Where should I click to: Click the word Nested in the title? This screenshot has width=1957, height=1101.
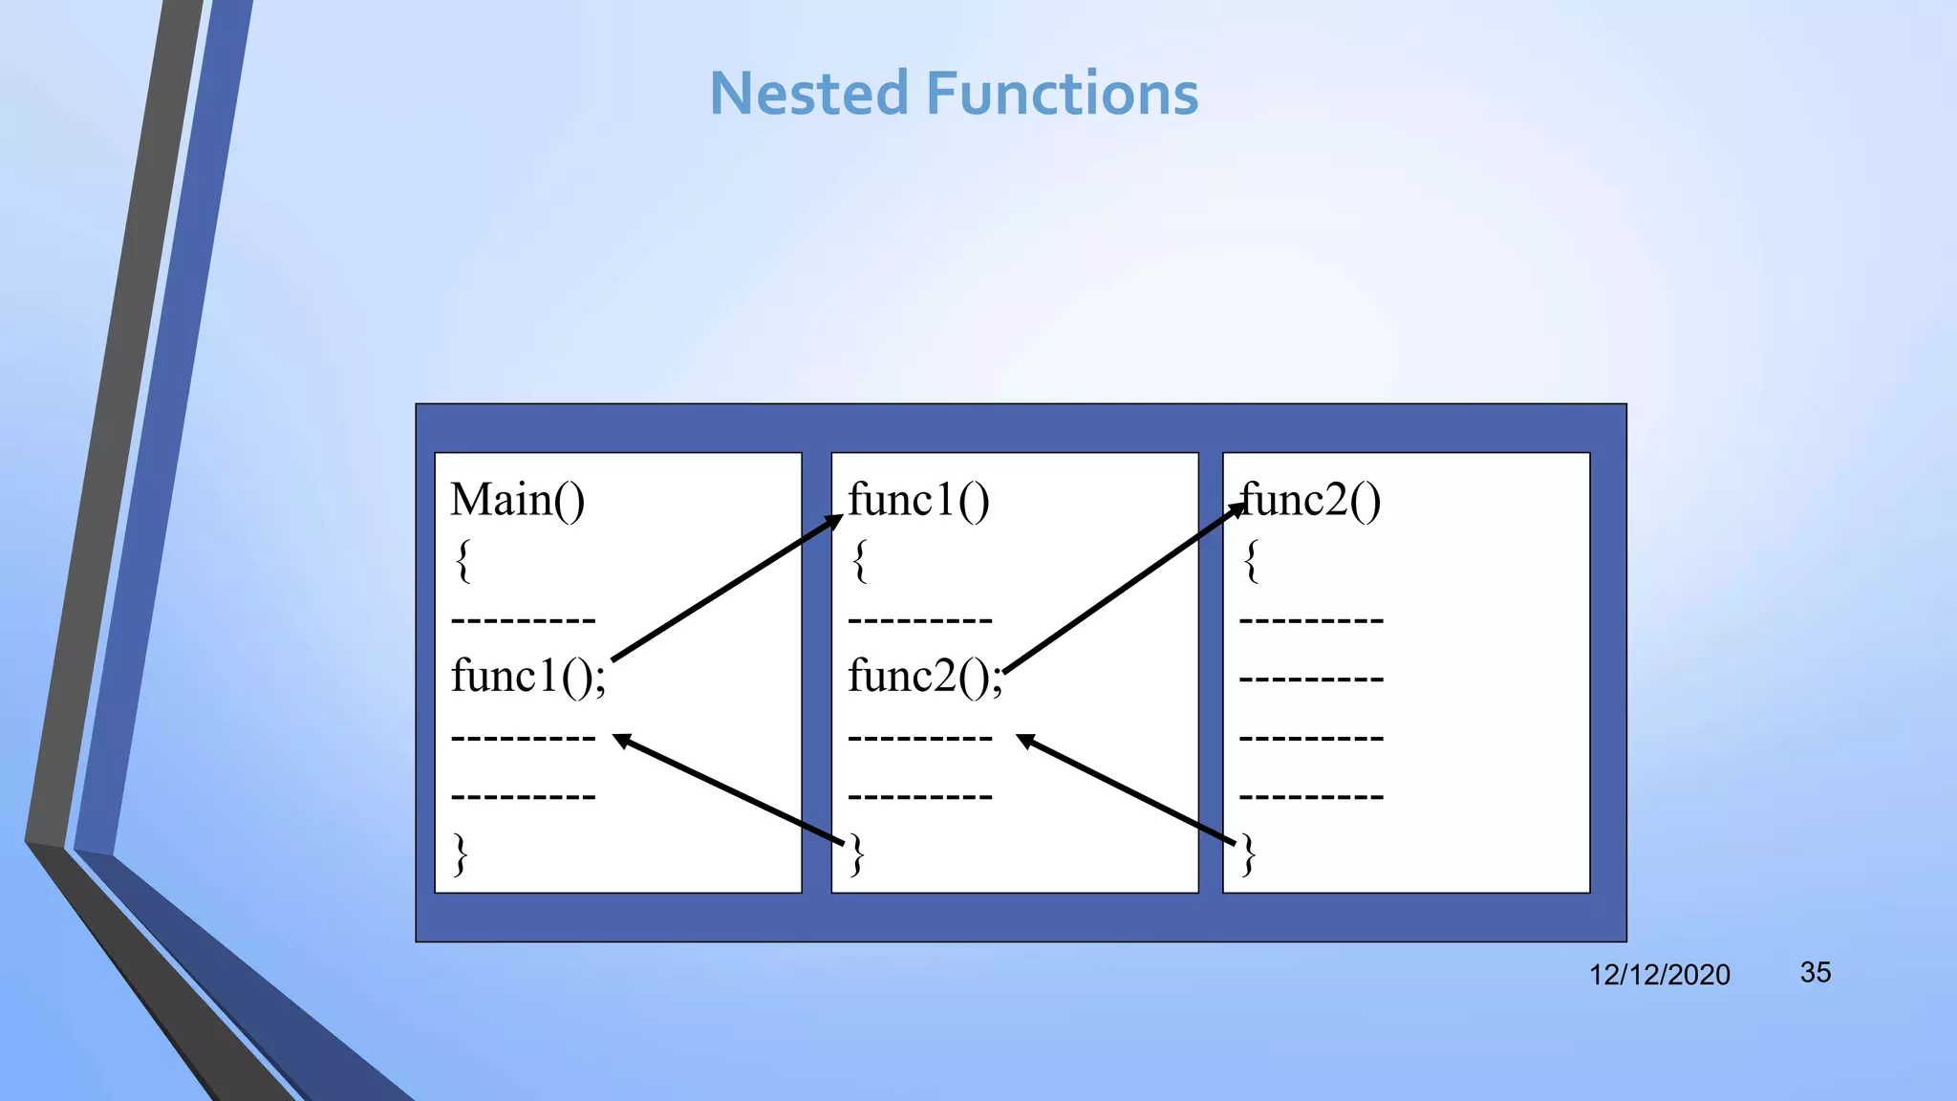(x=808, y=94)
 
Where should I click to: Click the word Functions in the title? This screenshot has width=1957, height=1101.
(x=1063, y=94)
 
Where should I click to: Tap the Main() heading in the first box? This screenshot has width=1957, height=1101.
(x=517, y=500)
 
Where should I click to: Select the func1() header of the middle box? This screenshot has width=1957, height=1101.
(x=918, y=500)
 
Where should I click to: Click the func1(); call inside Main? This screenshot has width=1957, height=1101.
(x=527, y=677)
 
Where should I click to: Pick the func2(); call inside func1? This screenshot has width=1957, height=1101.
(x=925, y=677)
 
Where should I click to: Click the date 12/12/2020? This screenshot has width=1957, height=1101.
(x=1659, y=975)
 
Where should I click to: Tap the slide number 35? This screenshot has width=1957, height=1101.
(x=1815, y=972)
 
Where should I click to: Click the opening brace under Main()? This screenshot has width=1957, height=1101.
(x=463, y=560)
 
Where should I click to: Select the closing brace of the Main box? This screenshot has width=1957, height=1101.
(x=461, y=853)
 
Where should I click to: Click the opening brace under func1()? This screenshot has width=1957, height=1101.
(x=860, y=560)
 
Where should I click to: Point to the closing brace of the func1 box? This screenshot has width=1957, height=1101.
(x=857, y=853)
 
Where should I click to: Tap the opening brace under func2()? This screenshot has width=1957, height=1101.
(x=1251, y=560)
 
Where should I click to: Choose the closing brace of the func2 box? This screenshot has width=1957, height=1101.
(x=1248, y=853)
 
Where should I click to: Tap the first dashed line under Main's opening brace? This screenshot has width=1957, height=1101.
(x=523, y=620)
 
